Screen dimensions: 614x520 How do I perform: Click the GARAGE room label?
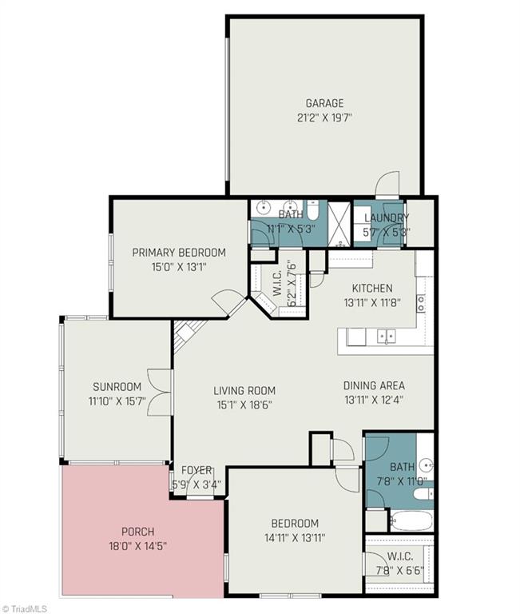[x=324, y=103]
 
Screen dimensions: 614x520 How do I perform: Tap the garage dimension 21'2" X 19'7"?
[x=324, y=117]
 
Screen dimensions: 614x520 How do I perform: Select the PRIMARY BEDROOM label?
[x=179, y=253]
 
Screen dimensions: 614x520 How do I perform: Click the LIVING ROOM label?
[x=244, y=391]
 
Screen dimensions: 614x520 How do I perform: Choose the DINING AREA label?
[x=373, y=385]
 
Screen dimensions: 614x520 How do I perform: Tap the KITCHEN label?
[x=373, y=288]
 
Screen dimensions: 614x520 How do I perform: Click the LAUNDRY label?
[x=387, y=217]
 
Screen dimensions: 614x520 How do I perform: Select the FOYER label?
[x=196, y=470]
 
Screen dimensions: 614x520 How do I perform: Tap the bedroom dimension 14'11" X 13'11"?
[x=294, y=537]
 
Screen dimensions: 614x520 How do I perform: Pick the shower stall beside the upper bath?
[x=339, y=224]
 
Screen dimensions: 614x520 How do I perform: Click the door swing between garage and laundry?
[x=387, y=184]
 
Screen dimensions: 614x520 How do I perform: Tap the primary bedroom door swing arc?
[x=224, y=301]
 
